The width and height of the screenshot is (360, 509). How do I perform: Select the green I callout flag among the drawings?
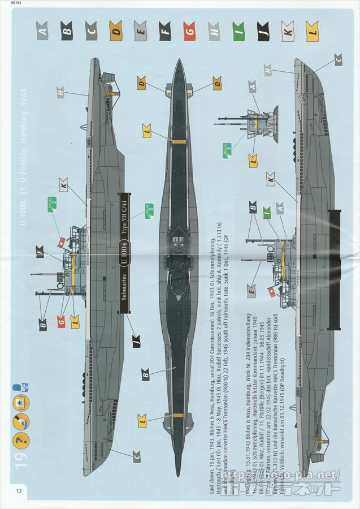pyautogui.click(x=266, y=213)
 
